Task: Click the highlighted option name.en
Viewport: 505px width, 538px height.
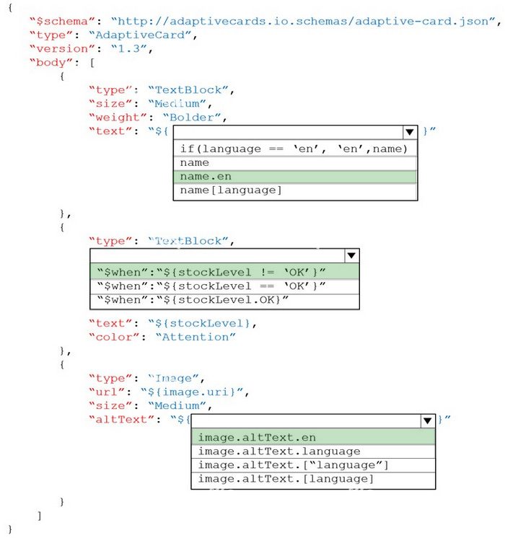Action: click(x=295, y=177)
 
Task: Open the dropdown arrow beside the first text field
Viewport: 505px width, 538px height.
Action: click(x=410, y=132)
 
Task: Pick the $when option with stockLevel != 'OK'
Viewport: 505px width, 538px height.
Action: click(x=224, y=273)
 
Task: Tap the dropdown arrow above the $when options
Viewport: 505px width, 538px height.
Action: click(x=351, y=255)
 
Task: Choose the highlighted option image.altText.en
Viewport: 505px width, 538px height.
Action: click(x=313, y=438)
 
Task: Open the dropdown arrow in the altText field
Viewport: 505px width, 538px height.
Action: click(x=427, y=421)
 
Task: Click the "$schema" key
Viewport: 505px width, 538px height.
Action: click(x=62, y=21)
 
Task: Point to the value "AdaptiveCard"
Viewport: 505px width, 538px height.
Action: click(x=140, y=35)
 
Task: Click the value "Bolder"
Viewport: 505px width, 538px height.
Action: click(x=192, y=118)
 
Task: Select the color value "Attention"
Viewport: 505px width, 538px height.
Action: click(x=196, y=337)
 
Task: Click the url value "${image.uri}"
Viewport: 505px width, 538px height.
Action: click(x=192, y=392)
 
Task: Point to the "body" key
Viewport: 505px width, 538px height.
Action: click(x=51, y=63)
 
